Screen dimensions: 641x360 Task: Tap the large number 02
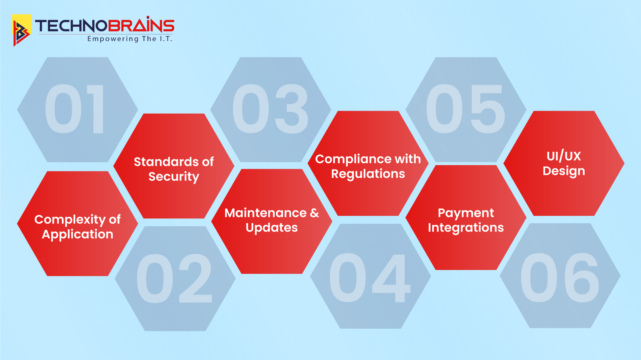174,278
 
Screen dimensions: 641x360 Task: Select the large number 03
270,109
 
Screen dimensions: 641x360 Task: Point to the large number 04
370,278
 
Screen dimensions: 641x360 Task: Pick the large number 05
465,109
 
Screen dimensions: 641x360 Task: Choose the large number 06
560,278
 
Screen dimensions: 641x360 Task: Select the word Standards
164,162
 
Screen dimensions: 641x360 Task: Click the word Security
174,177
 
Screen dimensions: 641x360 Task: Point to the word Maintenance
266,213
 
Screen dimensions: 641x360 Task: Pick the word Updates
272,228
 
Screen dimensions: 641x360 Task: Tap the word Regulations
368,174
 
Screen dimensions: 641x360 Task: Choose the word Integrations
466,228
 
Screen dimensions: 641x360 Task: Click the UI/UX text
564,156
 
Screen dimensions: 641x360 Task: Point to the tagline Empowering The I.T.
130,39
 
